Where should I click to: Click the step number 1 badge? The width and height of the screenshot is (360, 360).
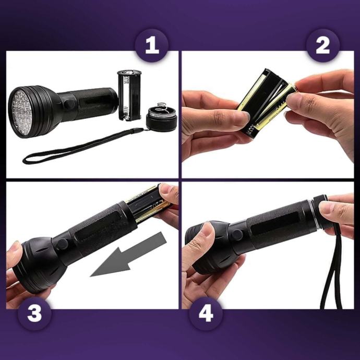[x=152, y=45]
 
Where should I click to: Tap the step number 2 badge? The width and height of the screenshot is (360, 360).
[x=322, y=45]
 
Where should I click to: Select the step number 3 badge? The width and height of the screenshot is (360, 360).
[x=34, y=314]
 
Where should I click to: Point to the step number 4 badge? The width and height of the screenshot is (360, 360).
[x=206, y=314]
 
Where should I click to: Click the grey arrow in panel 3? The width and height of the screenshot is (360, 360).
[x=128, y=255]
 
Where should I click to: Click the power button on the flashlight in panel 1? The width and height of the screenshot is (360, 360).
[x=69, y=104]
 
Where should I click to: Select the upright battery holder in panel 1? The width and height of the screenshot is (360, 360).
[x=129, y=95]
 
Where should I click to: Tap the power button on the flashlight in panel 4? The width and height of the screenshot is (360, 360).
[x=237, y=234]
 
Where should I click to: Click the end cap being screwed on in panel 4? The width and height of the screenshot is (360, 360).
[x=320, y=210]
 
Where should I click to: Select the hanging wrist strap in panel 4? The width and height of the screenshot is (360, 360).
[x=332, y=266]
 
